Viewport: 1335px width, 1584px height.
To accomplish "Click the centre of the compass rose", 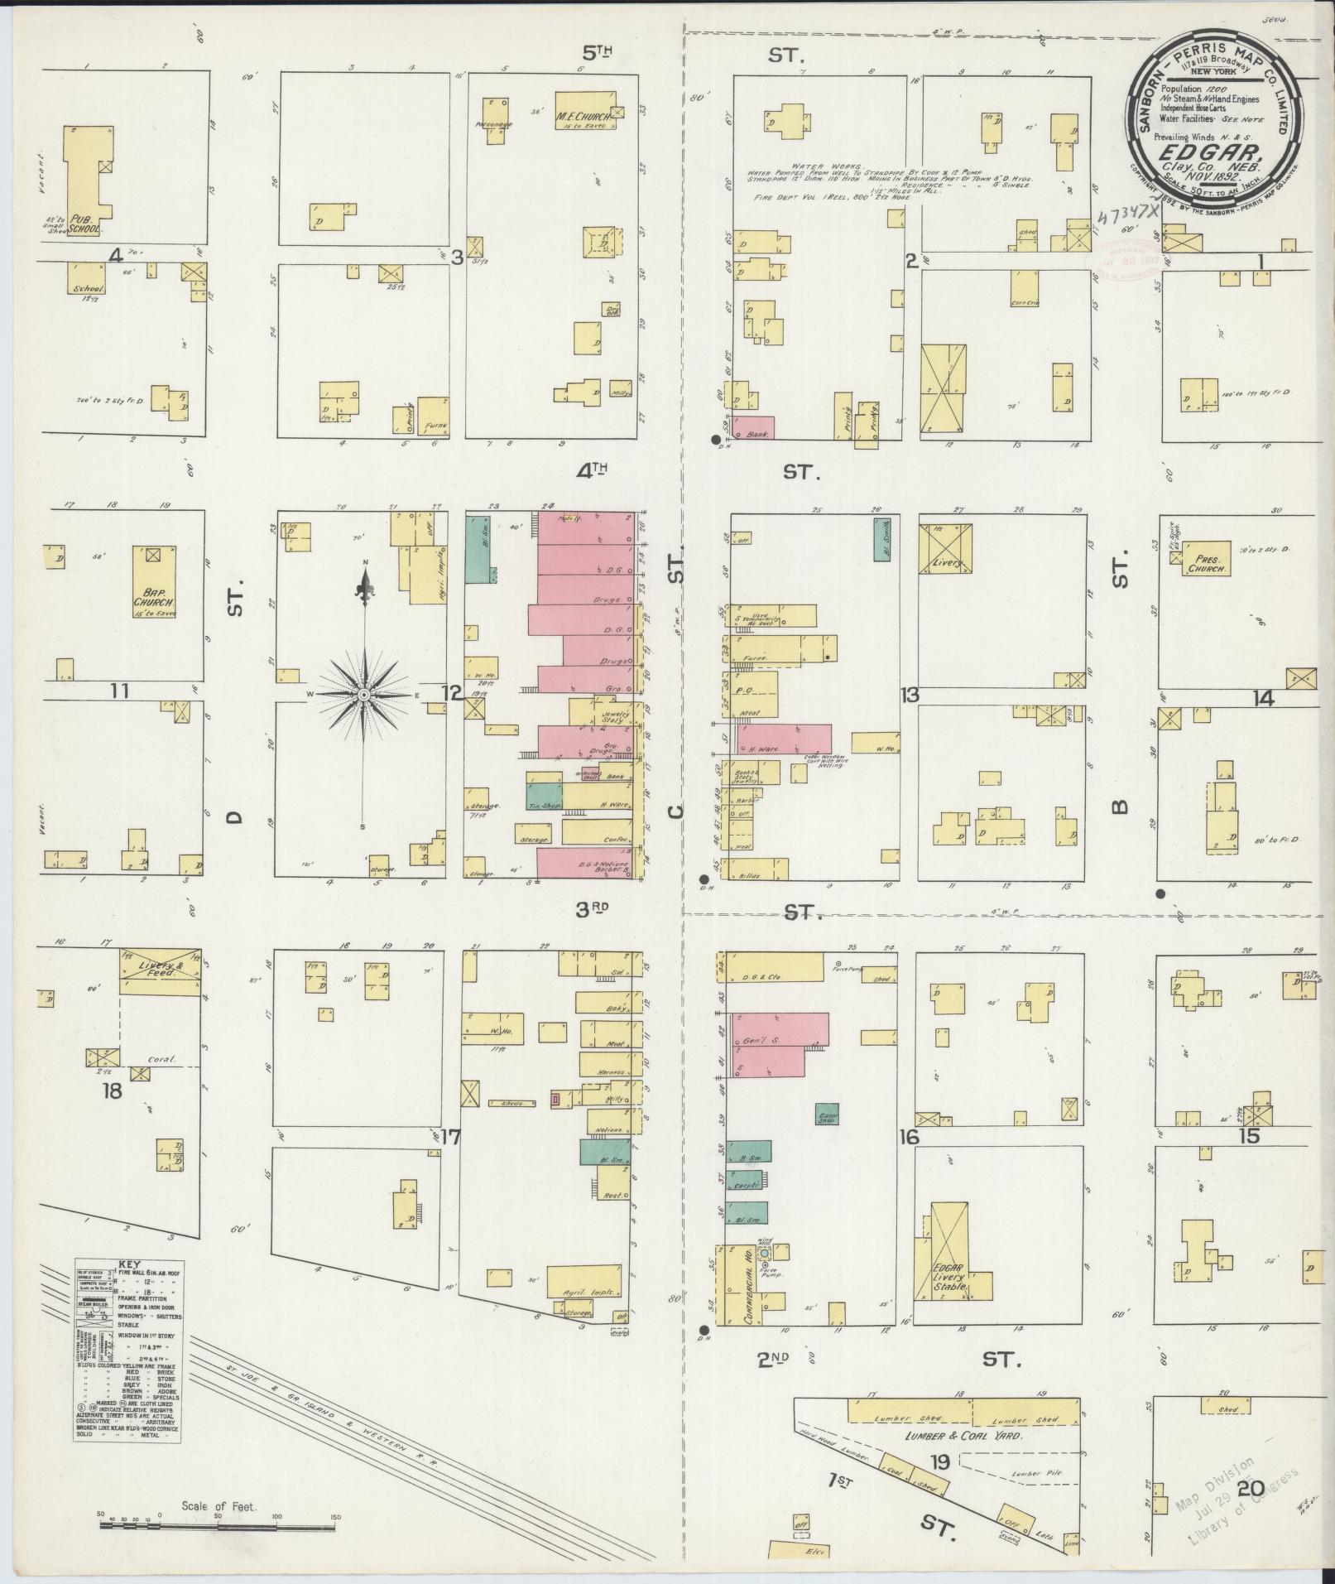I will click(363, 693).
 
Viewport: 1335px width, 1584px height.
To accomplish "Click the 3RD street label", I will click(593, 908).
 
